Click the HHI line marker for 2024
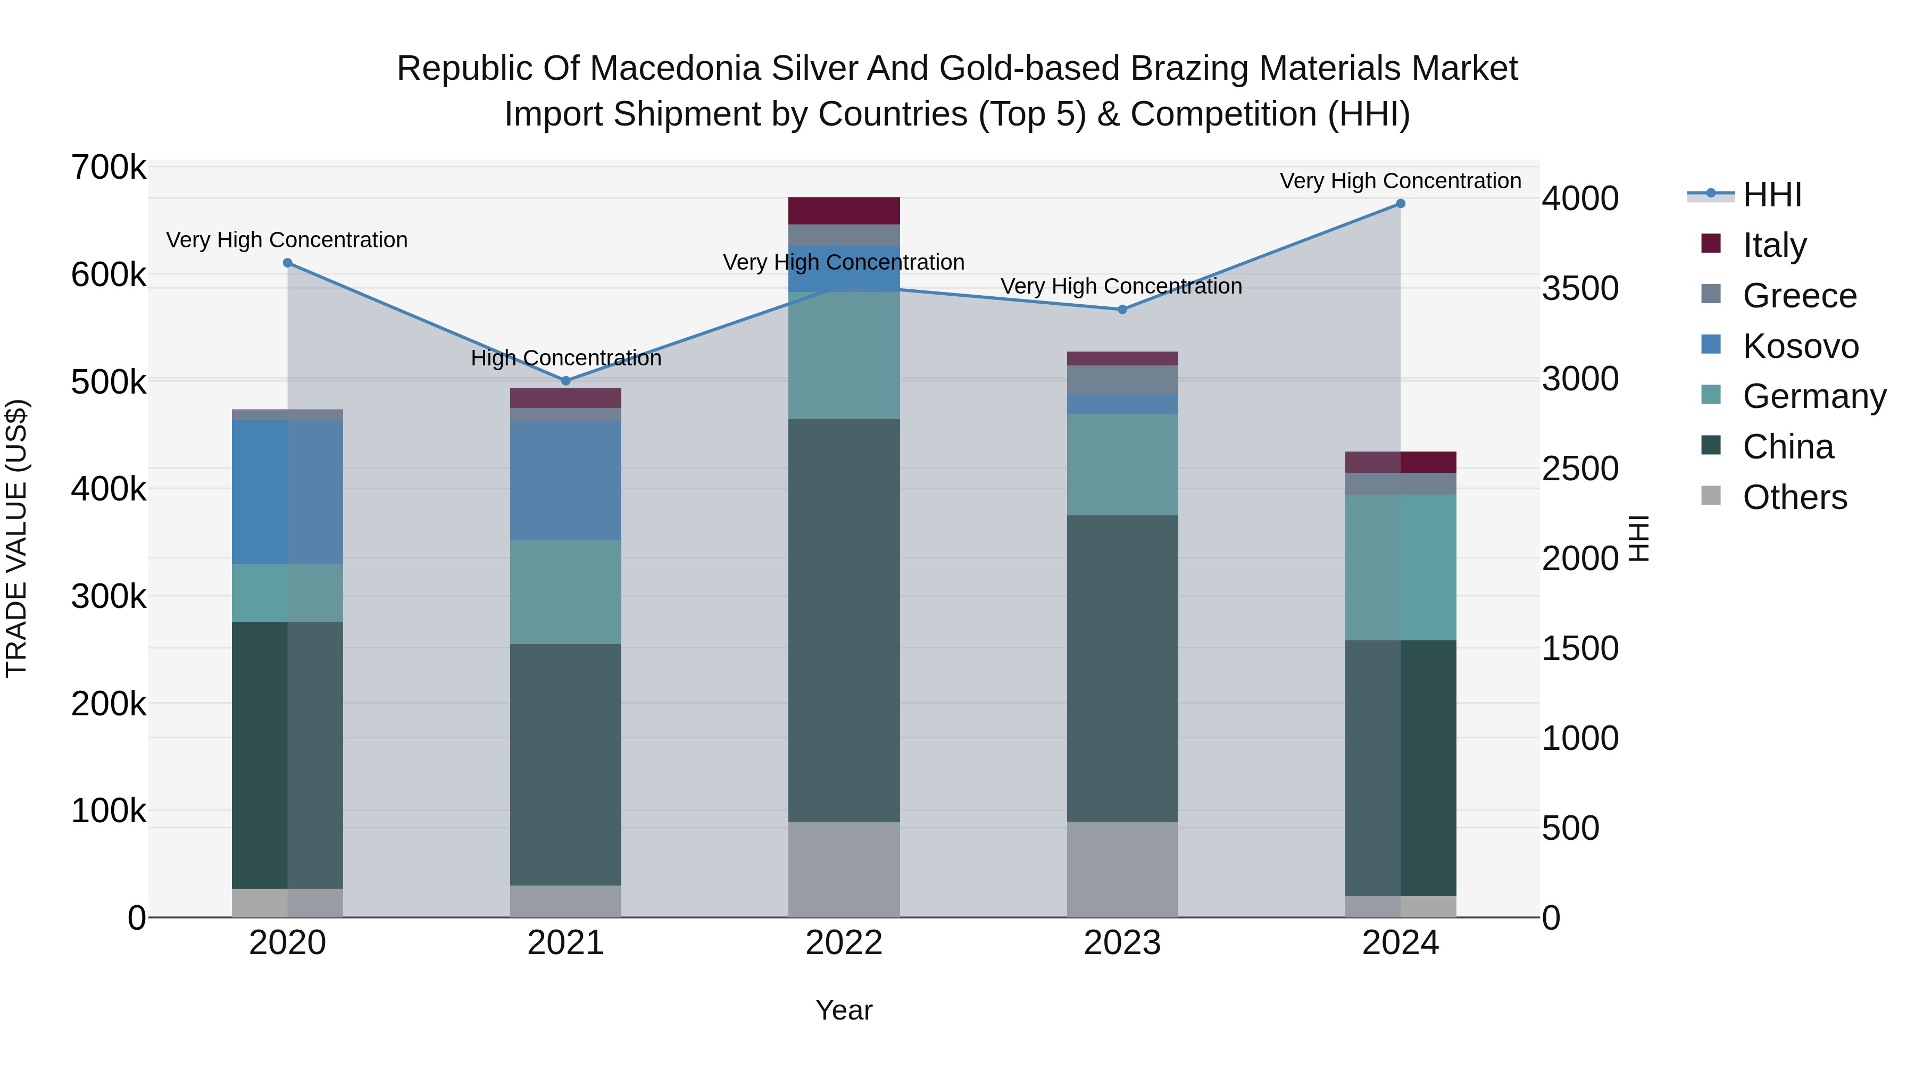click(1401, 204)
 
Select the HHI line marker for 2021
click(566, 381)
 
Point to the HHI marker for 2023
click(1122, 309)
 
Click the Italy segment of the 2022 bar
click(844, 211)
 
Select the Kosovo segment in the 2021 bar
click(566, 481)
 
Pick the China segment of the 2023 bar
click(1122, 669)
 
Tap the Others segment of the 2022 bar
click(844, 870)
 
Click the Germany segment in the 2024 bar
click(1401, 567)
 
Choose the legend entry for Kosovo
click(1799, 346)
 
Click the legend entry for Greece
click(1799, 296)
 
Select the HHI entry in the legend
click(1771, 195)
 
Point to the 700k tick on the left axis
click(109, 168)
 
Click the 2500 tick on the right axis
click(1580, 469)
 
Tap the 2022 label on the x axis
click(844, 943)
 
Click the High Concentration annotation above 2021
click(566, 358)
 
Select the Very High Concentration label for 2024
click(1401, 181)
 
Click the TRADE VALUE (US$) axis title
click(16, 538)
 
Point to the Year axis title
click(844, 1010)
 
